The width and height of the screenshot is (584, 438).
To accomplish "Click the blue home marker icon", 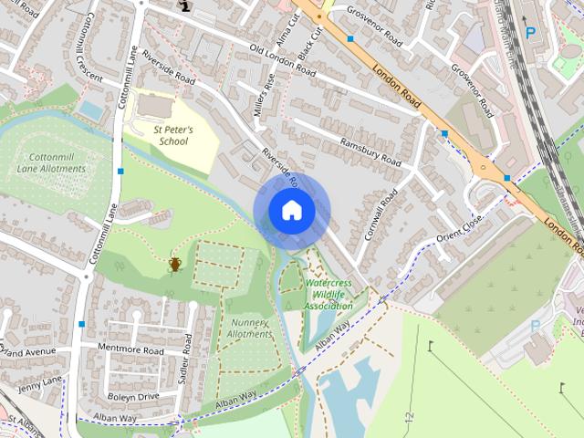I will (x=291, y=211).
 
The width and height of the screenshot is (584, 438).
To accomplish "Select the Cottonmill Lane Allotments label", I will (x=51, y=163).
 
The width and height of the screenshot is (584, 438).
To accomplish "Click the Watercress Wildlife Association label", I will (x=328, y=295).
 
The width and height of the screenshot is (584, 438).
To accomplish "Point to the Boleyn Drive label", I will (x=133, y=396).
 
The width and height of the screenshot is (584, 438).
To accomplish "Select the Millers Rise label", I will (x=263, y=100).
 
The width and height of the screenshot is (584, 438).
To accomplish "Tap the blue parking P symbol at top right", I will (x=530, y=33).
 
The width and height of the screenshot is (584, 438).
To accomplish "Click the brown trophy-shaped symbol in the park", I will (x=174, y=264).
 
